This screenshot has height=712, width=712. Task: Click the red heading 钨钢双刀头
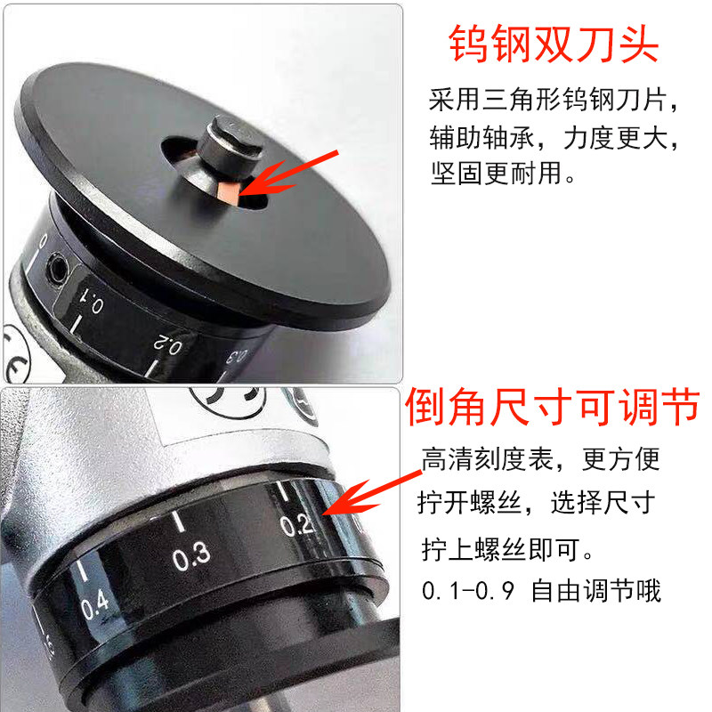tap(554, 44)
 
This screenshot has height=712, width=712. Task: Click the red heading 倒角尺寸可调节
tap(552, 407)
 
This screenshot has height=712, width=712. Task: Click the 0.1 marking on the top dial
tap(91, 302)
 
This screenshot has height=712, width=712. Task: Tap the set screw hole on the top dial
tap(58, 268)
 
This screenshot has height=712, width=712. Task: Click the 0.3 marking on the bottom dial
tap(191, 555)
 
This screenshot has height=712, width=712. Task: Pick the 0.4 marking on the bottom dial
tap(95, 604)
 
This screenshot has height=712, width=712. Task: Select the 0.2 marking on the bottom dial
tap(296, 525)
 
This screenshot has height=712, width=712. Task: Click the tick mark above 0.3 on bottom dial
tap(179, 521)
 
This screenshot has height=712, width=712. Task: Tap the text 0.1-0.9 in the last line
tap(468, 591)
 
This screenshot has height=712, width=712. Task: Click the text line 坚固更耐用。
tap(503, 174)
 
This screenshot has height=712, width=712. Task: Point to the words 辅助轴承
tap(482, 138)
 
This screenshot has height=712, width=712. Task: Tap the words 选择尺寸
tap(603, 503)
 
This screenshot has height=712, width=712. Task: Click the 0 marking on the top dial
tap(44, 240)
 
